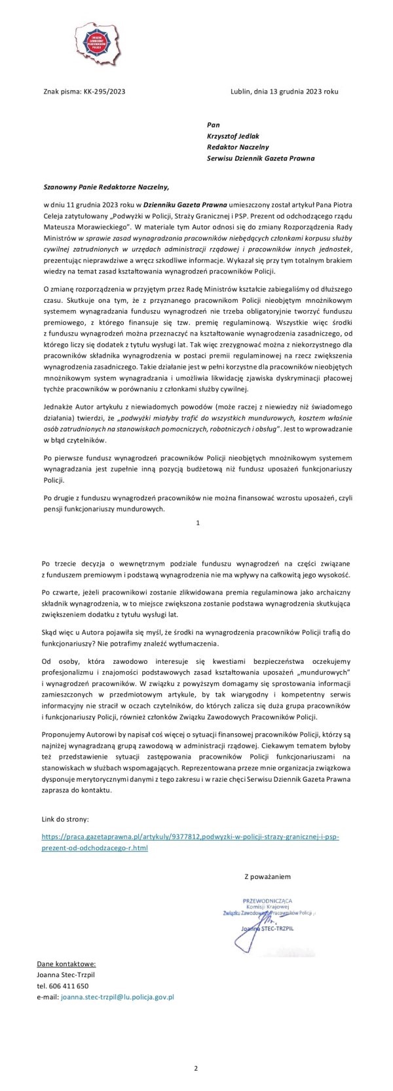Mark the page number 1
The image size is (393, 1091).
197,523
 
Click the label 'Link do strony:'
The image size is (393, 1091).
65,818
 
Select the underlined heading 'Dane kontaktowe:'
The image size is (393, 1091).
66,963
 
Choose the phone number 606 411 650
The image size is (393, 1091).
71,986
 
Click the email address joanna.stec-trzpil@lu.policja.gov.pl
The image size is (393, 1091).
117,997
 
